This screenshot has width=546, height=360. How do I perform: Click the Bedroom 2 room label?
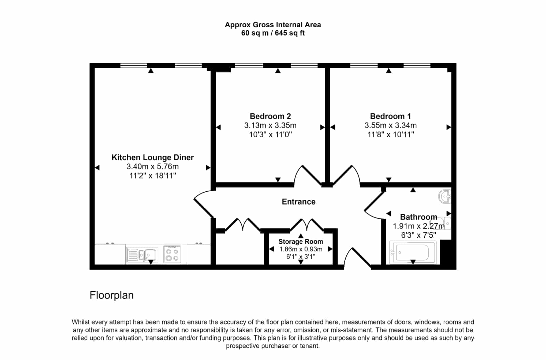(x=270, y=116)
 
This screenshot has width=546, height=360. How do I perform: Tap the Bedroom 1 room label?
(x=390, y=116)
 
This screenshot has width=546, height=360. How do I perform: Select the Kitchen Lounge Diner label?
(x=153, y=157)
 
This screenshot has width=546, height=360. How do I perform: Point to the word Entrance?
(x=299, y=202)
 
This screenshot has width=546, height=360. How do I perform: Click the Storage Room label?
(x=301, y=241)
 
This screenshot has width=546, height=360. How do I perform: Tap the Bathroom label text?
(x=418, y=217)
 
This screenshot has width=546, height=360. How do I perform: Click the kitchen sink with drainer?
(x=142, y=255)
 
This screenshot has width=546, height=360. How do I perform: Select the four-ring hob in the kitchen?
(x=172, y=254)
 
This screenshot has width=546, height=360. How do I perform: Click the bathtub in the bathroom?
(x=413, y=252)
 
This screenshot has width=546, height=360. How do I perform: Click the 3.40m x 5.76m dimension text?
(x=153, y=167)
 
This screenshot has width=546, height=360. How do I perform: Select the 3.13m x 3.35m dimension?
(x=270, y=125)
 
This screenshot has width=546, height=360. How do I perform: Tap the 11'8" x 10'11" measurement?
(x=391, y=134)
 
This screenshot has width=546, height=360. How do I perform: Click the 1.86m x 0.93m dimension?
(x=301, y=249)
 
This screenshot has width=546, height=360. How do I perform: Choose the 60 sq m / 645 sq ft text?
(x=273, y=33)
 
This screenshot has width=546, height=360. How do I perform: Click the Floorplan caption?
(x=112, y=295)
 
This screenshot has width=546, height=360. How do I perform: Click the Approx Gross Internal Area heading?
(x=273, y=25)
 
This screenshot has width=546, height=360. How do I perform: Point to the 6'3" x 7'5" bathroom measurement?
(x=418, y=235)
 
